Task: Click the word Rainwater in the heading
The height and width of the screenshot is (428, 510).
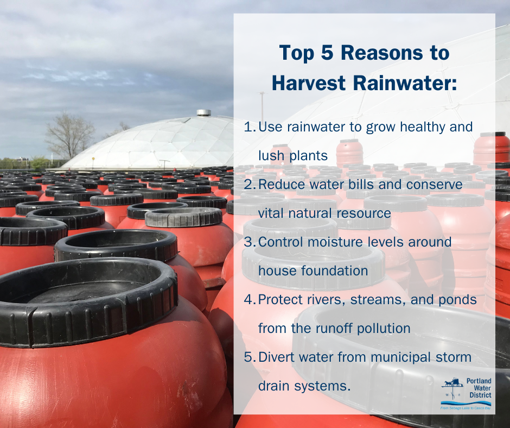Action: pos(405,83)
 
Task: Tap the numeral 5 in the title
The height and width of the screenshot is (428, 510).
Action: pos(327,53)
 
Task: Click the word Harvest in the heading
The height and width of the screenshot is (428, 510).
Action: pos(308,83)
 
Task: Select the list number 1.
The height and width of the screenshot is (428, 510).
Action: pos(250,127)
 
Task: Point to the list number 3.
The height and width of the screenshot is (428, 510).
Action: pos(250,242)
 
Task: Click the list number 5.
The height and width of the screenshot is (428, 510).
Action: pos(250,357)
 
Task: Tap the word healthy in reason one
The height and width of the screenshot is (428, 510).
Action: pos(422,127)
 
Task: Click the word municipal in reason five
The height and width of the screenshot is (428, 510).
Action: pos(400,357)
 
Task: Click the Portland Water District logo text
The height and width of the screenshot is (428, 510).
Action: pos(479,388)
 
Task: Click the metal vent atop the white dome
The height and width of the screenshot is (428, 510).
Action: pos(203,112)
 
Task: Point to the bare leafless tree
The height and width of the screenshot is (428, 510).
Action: pos(69,136)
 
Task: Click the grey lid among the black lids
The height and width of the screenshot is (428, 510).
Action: pos(184,217)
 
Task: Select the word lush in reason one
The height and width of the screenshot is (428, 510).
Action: pos(271,156)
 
